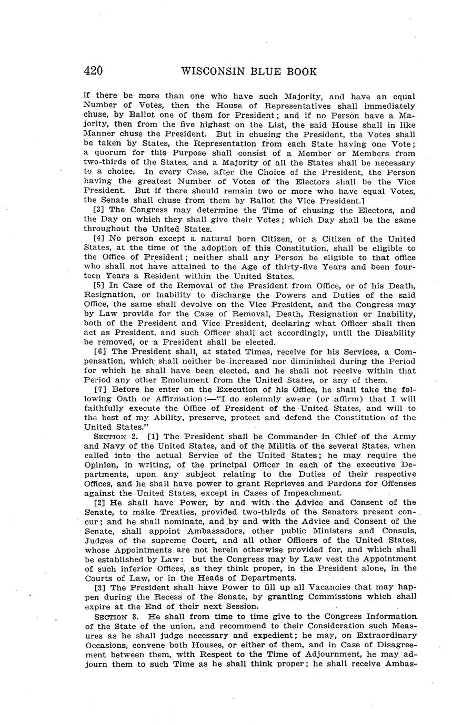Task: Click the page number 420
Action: [93, 71]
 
